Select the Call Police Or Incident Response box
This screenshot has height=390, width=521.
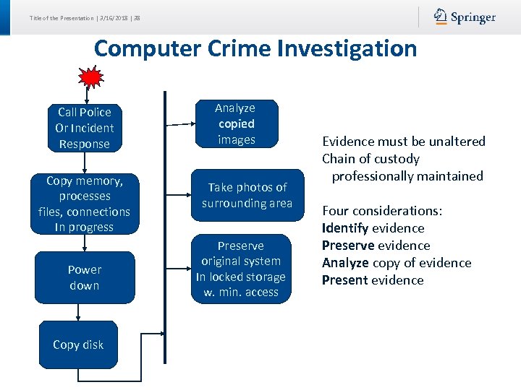85,128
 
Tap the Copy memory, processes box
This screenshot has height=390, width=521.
85,204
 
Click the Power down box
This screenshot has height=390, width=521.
85,277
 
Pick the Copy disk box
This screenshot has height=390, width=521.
78,345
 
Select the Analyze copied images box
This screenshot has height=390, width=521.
235,123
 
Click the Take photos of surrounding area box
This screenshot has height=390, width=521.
247,195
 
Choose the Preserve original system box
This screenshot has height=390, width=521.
240,269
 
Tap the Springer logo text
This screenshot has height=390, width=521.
473,17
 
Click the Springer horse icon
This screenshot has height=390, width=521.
441,17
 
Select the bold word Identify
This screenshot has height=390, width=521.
345,228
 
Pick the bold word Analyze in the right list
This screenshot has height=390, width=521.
346,263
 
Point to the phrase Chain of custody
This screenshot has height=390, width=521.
370,159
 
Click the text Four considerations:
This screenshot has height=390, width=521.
381,211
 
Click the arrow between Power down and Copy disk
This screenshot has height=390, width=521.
78,312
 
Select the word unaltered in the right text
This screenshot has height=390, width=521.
454,142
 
